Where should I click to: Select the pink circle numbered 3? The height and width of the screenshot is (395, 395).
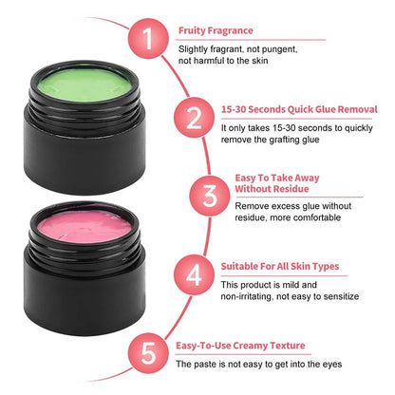click(x=209, y=197)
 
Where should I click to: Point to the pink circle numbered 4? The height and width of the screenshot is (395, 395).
click(x=194, y=276)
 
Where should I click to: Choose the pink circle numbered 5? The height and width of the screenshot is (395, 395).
click(x=146, y=352)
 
